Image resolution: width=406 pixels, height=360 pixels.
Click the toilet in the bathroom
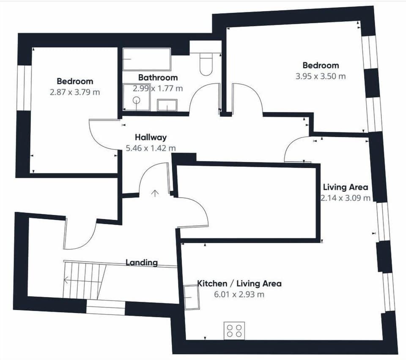tap(206, 64)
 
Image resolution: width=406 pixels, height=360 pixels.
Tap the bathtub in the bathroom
tap(147, 59)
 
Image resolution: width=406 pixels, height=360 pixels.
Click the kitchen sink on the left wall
tap(192, 297)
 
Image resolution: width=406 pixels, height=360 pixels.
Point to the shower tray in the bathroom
tap(136, 97)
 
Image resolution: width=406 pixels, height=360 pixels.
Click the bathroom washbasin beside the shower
tap(167, 105)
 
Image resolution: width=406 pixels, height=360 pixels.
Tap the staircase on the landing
tap(84, 280)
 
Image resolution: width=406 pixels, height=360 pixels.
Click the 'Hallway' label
tap(151, 137)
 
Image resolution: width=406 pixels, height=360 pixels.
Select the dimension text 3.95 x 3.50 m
tap(321, 76)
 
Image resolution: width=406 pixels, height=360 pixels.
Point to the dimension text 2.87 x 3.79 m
tap(75, 92)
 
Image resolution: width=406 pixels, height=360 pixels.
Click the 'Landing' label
tap(141, 262)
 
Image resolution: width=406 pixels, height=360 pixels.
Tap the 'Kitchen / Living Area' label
tap(239, 284)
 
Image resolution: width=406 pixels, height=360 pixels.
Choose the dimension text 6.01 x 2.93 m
tap(239, 295)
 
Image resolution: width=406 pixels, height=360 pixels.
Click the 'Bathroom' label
tap(158, 78)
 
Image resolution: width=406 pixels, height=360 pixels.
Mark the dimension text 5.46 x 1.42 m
tap(151, 148)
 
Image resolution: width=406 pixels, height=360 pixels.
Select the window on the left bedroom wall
tap(24, 88)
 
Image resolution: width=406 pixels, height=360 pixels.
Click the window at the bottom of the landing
tap(105, 307)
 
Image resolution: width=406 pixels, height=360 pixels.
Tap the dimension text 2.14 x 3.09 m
tap(346, 198)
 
